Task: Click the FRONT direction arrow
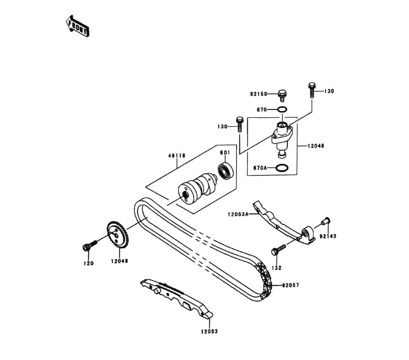78,25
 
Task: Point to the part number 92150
258,94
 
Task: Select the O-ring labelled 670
282,110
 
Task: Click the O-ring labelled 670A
281,168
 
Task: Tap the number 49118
177,155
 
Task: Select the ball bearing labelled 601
225,170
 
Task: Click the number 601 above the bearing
225,153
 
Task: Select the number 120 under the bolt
88,263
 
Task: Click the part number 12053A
238,213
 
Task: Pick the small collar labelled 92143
326,221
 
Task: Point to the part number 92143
328,236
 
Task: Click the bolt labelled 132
278,250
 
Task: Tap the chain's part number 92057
290,285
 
